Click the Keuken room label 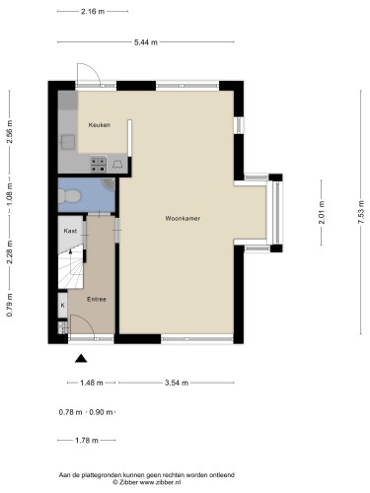[100, 125]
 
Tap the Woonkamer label [183, 218]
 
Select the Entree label [97, 299]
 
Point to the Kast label [70, 231]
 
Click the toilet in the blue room [69, 196]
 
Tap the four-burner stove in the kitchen [99, 165]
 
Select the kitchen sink [68, 142]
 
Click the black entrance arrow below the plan [81, 358]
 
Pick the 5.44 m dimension [146, 42]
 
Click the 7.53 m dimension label [361, 212]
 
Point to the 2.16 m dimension [93, 12]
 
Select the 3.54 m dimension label [177, 383]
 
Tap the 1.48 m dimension [92, 383]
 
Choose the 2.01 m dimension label [322, 212]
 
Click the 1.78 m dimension [87, 440]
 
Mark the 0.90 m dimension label [101, 412]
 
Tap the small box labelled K [62, 305]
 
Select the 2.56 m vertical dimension [10, 132]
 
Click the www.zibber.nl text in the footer [161, 482]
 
